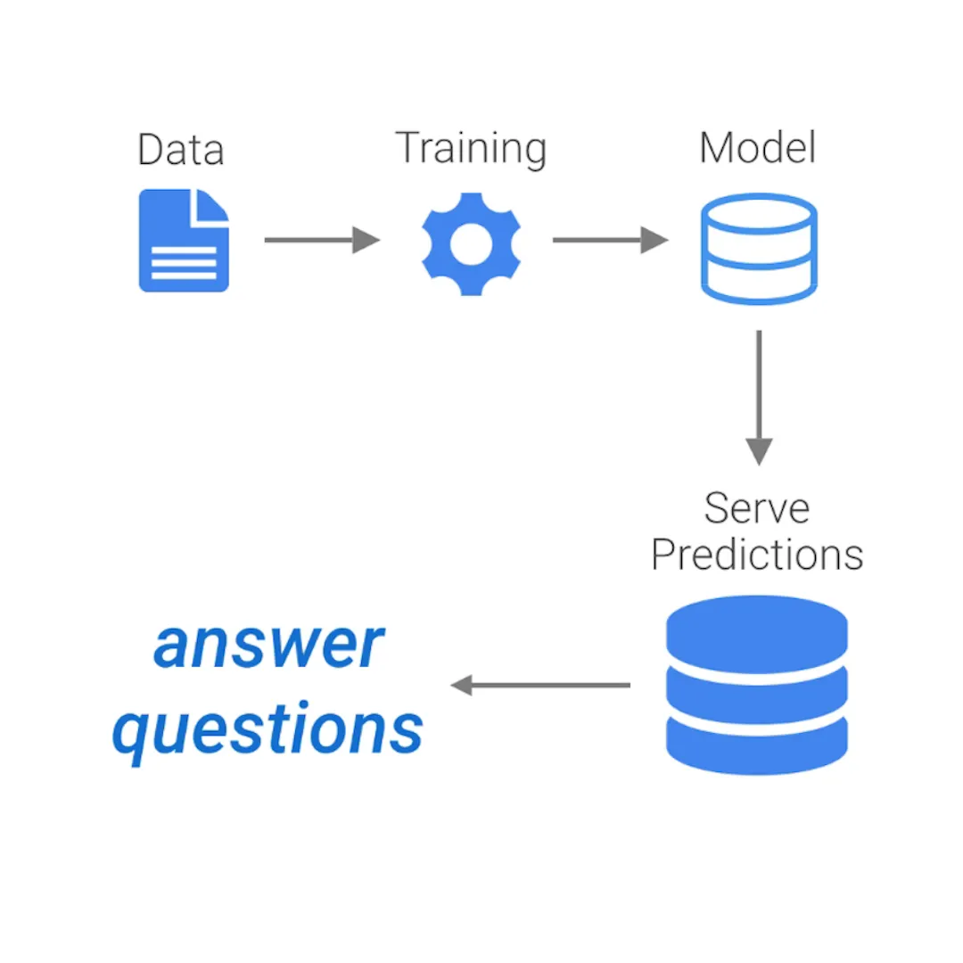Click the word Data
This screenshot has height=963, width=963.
[181, 150]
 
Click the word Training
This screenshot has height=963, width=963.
[471, 148]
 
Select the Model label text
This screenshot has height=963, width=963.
[757, 147]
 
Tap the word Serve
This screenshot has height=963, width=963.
[756, 508]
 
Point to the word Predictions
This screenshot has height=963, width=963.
[757, 554]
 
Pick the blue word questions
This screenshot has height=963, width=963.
[267, 729]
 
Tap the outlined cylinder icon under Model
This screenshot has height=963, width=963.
[759, 249]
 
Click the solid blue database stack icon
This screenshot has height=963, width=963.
[757, 685]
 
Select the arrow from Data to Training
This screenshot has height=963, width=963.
[322, 240]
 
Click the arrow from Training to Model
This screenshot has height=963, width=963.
[610, 240]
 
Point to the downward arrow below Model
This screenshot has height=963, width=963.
[759, 397]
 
